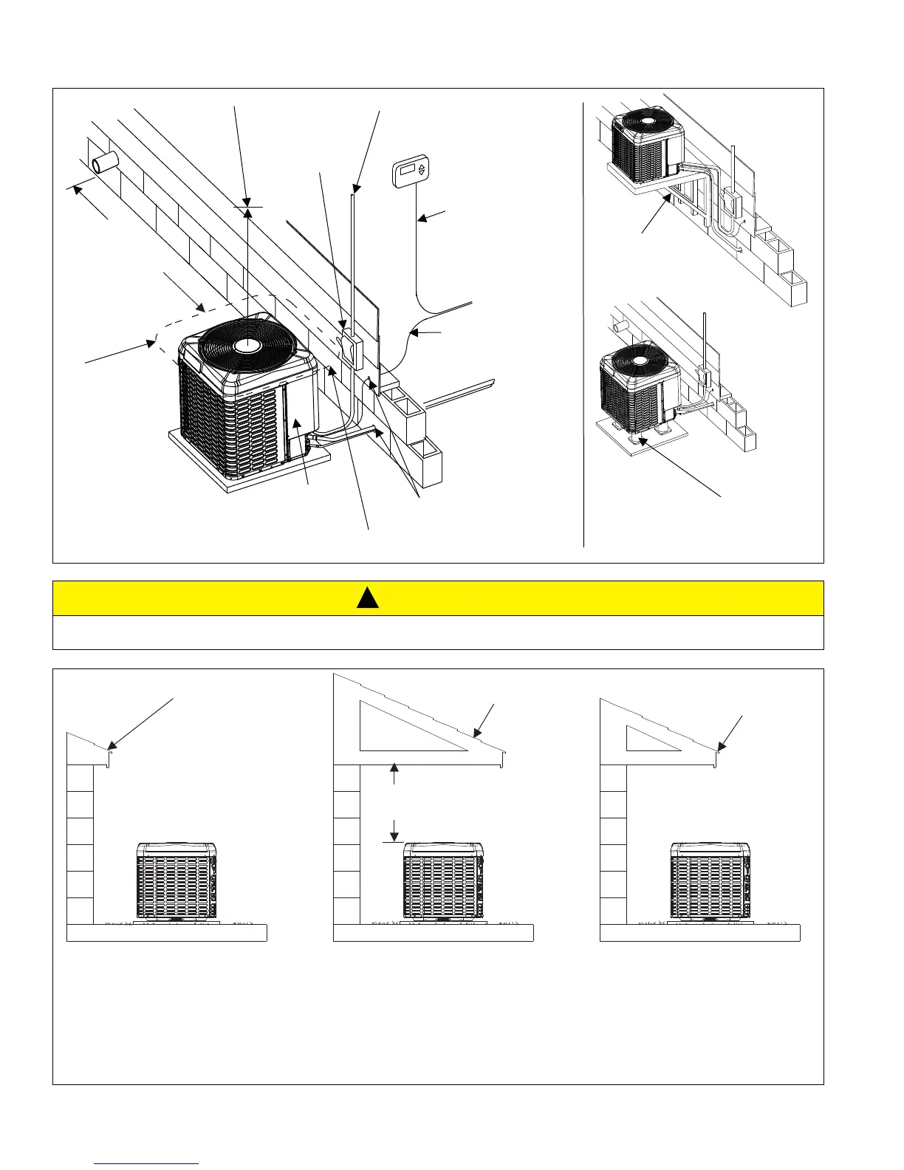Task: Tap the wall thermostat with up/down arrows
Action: coord(409,170)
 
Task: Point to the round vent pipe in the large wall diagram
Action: coord(103,162)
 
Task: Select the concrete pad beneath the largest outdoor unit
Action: coord(244,465)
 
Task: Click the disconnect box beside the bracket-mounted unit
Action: coord(733,199)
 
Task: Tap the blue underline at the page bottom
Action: coord(147,1163)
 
